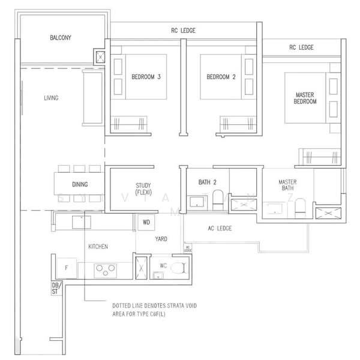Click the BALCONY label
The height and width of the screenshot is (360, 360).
click(x=61, y=38)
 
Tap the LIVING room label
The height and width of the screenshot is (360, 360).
click(x=51, y=98)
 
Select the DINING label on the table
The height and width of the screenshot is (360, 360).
click(x=80, y=185)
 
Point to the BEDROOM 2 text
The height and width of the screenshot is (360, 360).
click(x=220, y=77)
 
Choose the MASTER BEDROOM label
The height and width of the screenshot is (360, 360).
click(x=305, y=98)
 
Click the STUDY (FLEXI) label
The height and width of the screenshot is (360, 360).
click(x=142, y=189)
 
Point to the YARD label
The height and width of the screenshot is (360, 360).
click(x=161, y=239)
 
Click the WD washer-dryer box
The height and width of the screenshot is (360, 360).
click(x=146, y=222)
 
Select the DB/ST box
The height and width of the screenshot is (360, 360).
click(x=56, y=289)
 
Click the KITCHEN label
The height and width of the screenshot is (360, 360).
click(x=98, y=247)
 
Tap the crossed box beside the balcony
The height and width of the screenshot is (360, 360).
click(x=99, y=58)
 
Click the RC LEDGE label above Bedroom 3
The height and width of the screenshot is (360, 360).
click(x=183, y=31)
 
